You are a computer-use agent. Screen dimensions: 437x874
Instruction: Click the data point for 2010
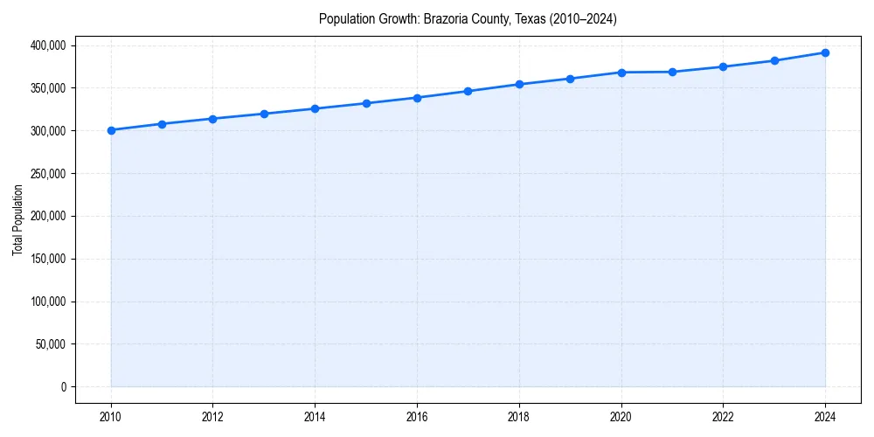tap(111, 130)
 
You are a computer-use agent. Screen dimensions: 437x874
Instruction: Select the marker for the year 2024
tap(825, 52)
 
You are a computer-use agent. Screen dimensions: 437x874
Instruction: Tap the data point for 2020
tap(621, 73)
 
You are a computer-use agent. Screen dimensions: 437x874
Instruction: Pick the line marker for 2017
tap(468, 91)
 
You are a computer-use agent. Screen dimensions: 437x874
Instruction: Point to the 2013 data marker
tap(264, 114)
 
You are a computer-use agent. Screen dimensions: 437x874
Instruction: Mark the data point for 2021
tap(672, 72)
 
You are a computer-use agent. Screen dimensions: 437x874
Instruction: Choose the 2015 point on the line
tap(366, 103)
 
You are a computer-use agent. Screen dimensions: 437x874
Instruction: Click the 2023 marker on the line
tap(774, 61)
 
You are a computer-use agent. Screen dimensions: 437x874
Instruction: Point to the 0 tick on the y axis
tap(64, 387)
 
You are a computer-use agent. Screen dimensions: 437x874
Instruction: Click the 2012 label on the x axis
tap(213, 417)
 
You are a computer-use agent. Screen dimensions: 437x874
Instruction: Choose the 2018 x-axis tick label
tap(519, 417)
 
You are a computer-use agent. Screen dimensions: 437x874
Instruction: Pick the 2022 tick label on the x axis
tap(723, 417)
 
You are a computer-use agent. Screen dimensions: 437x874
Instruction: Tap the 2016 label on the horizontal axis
tap(417, 417)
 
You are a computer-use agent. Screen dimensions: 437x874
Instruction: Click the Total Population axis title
tap(17, 219)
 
